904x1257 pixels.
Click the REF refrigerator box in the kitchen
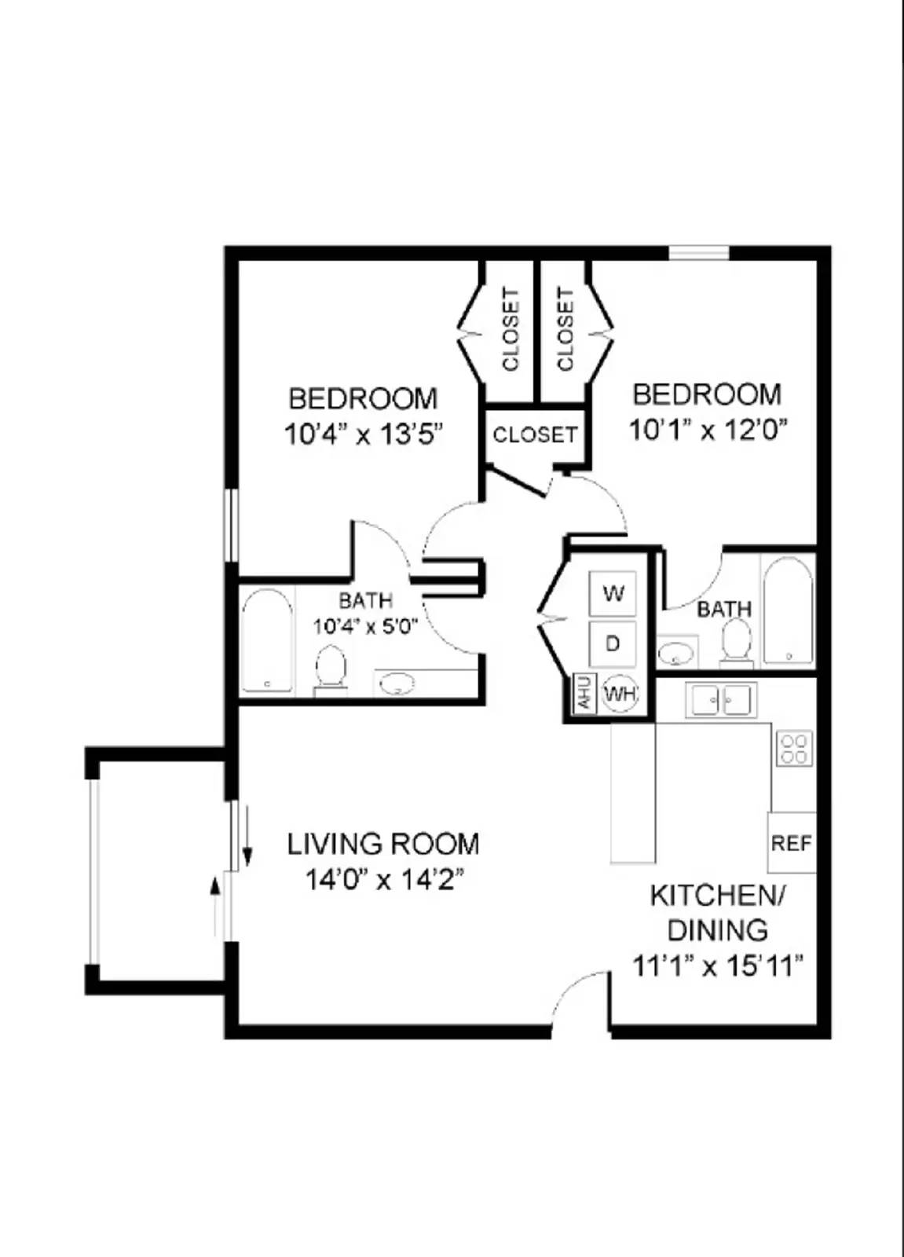[x=791, y=843]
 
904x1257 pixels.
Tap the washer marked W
[x=613, y=592]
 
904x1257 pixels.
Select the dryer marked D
[x=613, y=643]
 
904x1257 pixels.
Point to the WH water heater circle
[x=620, y=694]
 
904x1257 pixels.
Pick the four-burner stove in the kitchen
[x=794, y=748]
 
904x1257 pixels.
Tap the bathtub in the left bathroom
[x=267, y=641]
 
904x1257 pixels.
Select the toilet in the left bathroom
[x=331, y=669]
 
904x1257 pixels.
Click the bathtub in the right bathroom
[x=788, y=610]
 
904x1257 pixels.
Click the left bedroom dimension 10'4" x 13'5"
[x=364, y=434]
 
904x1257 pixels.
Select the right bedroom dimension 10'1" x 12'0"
[x=708, y=430]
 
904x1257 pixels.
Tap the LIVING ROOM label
[x=382, y=845]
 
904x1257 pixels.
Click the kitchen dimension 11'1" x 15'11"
[x=718, y=965]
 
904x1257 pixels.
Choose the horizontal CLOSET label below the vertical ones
[x=535, y=434]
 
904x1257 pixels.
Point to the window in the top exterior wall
[x=698, y=253]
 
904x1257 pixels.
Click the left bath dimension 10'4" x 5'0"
[x=365, y=627]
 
